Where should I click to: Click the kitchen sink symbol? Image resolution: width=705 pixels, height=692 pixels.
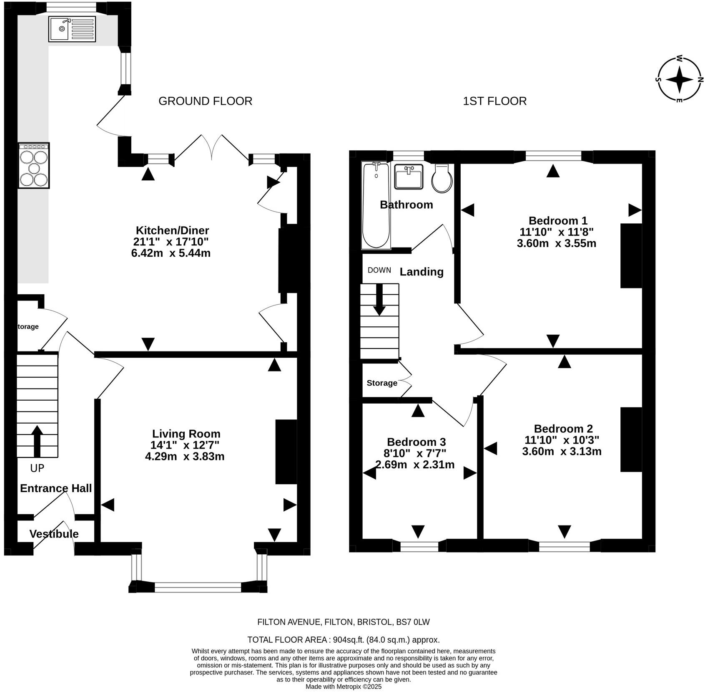(x=72, y=29)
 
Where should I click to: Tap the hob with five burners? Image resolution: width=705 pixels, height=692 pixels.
(x=34, y=166)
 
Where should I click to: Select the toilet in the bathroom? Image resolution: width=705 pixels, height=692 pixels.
(x=442, y=178)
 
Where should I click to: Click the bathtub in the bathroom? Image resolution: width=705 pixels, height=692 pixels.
(x=376, y=205)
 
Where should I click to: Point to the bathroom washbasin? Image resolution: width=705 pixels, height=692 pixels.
(x=409, y=177)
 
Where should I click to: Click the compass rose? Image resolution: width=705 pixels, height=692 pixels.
(x=679, y=79)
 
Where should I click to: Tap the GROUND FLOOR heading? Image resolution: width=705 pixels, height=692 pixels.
(x=205, y=101)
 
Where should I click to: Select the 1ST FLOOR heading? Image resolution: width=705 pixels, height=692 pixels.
(x=494, y=101)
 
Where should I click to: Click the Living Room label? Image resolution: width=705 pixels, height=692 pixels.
(x=186, y=434)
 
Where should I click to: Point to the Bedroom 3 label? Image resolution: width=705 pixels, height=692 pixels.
(x=416, y=442)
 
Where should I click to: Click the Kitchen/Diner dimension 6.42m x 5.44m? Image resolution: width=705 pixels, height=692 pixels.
(x=171, y=253)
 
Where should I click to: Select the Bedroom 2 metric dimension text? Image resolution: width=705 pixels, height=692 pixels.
(x=562, y=451)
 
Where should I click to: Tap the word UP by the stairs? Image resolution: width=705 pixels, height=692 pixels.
(x=37, y=468)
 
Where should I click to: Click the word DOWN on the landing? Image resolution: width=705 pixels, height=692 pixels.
(x=379, y=270)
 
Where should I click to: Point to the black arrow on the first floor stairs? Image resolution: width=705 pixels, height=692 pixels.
(x=379, y=300)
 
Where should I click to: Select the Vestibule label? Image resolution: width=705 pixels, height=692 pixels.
(x=54, y=534)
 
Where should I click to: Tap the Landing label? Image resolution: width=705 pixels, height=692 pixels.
(x=421, y=272)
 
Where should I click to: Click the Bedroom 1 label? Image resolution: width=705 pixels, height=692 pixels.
(x=558, y=220)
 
